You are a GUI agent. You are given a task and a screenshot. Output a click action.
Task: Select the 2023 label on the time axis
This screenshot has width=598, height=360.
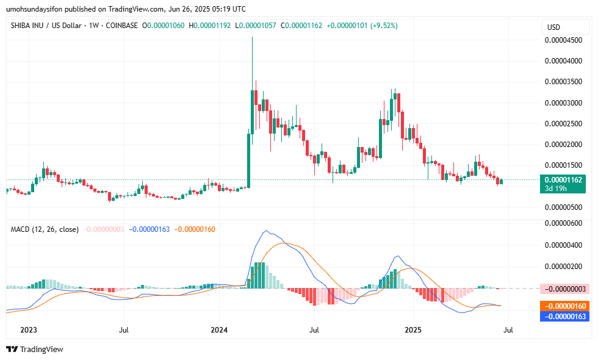(x=29, y=330)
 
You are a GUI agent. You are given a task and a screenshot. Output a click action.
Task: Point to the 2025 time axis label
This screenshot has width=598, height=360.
(x=412, y=330)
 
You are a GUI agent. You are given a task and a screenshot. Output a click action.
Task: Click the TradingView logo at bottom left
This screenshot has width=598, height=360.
(x=35, y=349)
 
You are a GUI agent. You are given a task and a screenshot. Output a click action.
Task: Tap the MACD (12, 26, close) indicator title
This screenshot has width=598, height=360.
(x=45, y=229)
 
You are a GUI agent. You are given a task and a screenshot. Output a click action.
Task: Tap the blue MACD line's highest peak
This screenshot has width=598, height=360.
(x=265, y=231)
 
